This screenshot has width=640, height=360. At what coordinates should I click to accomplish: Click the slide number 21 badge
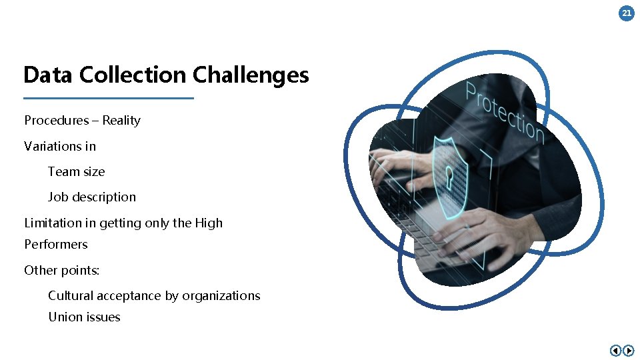click(x=627, y=13)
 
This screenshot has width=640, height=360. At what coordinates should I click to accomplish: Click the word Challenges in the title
click(x=251, y=75)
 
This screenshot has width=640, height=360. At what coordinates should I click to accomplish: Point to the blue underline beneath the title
click(x=109, y=98)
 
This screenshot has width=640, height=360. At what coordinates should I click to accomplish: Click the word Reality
click(x=121, y=121)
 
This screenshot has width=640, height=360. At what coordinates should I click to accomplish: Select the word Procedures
click(x=57, y=121)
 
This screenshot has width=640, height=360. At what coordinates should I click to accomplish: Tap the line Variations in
click(x=60, y=146)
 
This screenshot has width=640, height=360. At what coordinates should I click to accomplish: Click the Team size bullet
click(x=76, y=171)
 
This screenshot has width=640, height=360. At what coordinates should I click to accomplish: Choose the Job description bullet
click(x=91, y=197)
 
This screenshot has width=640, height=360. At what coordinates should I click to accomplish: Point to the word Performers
click(x=56, y=244)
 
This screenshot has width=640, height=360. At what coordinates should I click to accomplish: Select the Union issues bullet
click(x=84, y=317)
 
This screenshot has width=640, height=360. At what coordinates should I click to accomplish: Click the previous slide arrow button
click(x=615, y=350)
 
